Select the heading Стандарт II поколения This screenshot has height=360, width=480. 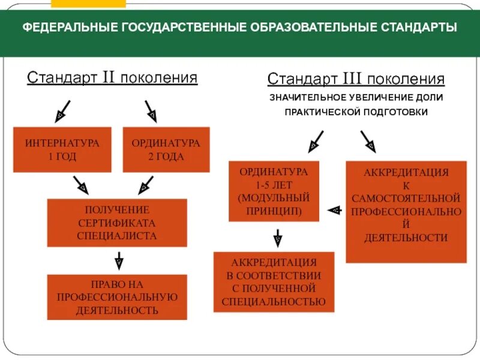click(x=112, y=77)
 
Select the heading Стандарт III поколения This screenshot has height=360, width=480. click(x=356, y=79)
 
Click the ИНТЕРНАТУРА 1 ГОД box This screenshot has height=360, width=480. click(x=62, y=149)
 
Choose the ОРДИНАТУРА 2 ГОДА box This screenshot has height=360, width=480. click(x=166, y=149)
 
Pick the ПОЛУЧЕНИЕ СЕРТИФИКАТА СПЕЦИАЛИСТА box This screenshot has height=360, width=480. click(x=117, y=223)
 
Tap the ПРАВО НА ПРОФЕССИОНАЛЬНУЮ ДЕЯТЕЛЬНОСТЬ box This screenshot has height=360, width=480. click(x=117, y=297)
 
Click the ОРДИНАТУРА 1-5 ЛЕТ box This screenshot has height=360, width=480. click(x=274, y=191)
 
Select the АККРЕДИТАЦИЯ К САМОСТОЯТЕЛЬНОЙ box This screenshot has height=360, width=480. click(x=406, y=211)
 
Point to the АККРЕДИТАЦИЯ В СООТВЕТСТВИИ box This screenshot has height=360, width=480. click(x=274, y=282)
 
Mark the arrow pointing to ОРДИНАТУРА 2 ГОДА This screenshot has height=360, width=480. click(x=150, y=110)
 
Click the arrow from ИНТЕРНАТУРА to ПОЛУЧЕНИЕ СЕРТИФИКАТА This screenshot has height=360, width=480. click(x=79, y=184)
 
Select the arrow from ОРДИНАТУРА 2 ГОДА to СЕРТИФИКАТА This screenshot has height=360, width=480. click(x=146, y=184)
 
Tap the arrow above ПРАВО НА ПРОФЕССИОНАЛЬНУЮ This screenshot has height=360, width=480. click(x=119, y=260)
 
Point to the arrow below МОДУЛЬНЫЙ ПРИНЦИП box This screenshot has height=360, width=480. click(x=277, y=238)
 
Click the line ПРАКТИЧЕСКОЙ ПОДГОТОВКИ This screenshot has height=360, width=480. click(x=356, y=112)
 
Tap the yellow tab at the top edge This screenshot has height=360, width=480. click(x=88, y=3)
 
